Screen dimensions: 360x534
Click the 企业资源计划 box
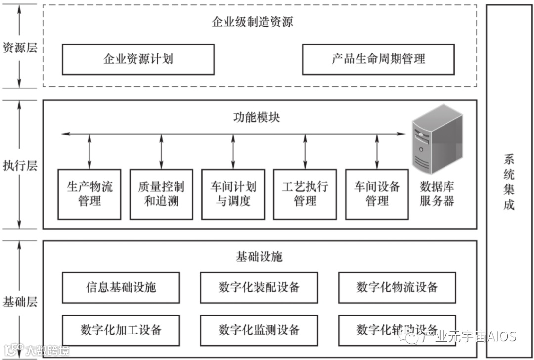pos(138,59)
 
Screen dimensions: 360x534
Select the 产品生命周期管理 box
pos(378,59)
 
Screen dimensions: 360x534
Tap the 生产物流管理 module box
pos(89,194)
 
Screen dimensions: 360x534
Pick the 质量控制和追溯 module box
pos(161,194)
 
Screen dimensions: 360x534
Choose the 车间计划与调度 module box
pos(233,194)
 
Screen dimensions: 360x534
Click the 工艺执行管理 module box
pos(305,194)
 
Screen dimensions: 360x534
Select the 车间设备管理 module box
pos(377,194)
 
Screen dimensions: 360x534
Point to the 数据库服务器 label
pos(437,194)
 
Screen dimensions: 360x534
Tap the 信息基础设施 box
pos(121,287)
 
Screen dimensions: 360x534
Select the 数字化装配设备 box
pos(259,287)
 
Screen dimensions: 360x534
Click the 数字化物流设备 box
pos(397,287)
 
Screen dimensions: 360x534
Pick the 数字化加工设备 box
pos(121,330)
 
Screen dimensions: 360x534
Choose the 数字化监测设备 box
pos(259,330)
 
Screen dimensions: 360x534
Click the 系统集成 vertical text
pos(509,182)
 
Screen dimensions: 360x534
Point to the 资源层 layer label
pos(19,48)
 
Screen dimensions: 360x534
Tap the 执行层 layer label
pos(19,165)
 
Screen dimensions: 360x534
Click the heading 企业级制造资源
pos(253,22)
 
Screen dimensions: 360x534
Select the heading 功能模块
pos(257,118)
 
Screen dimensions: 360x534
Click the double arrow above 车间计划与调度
pos(233,151)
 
